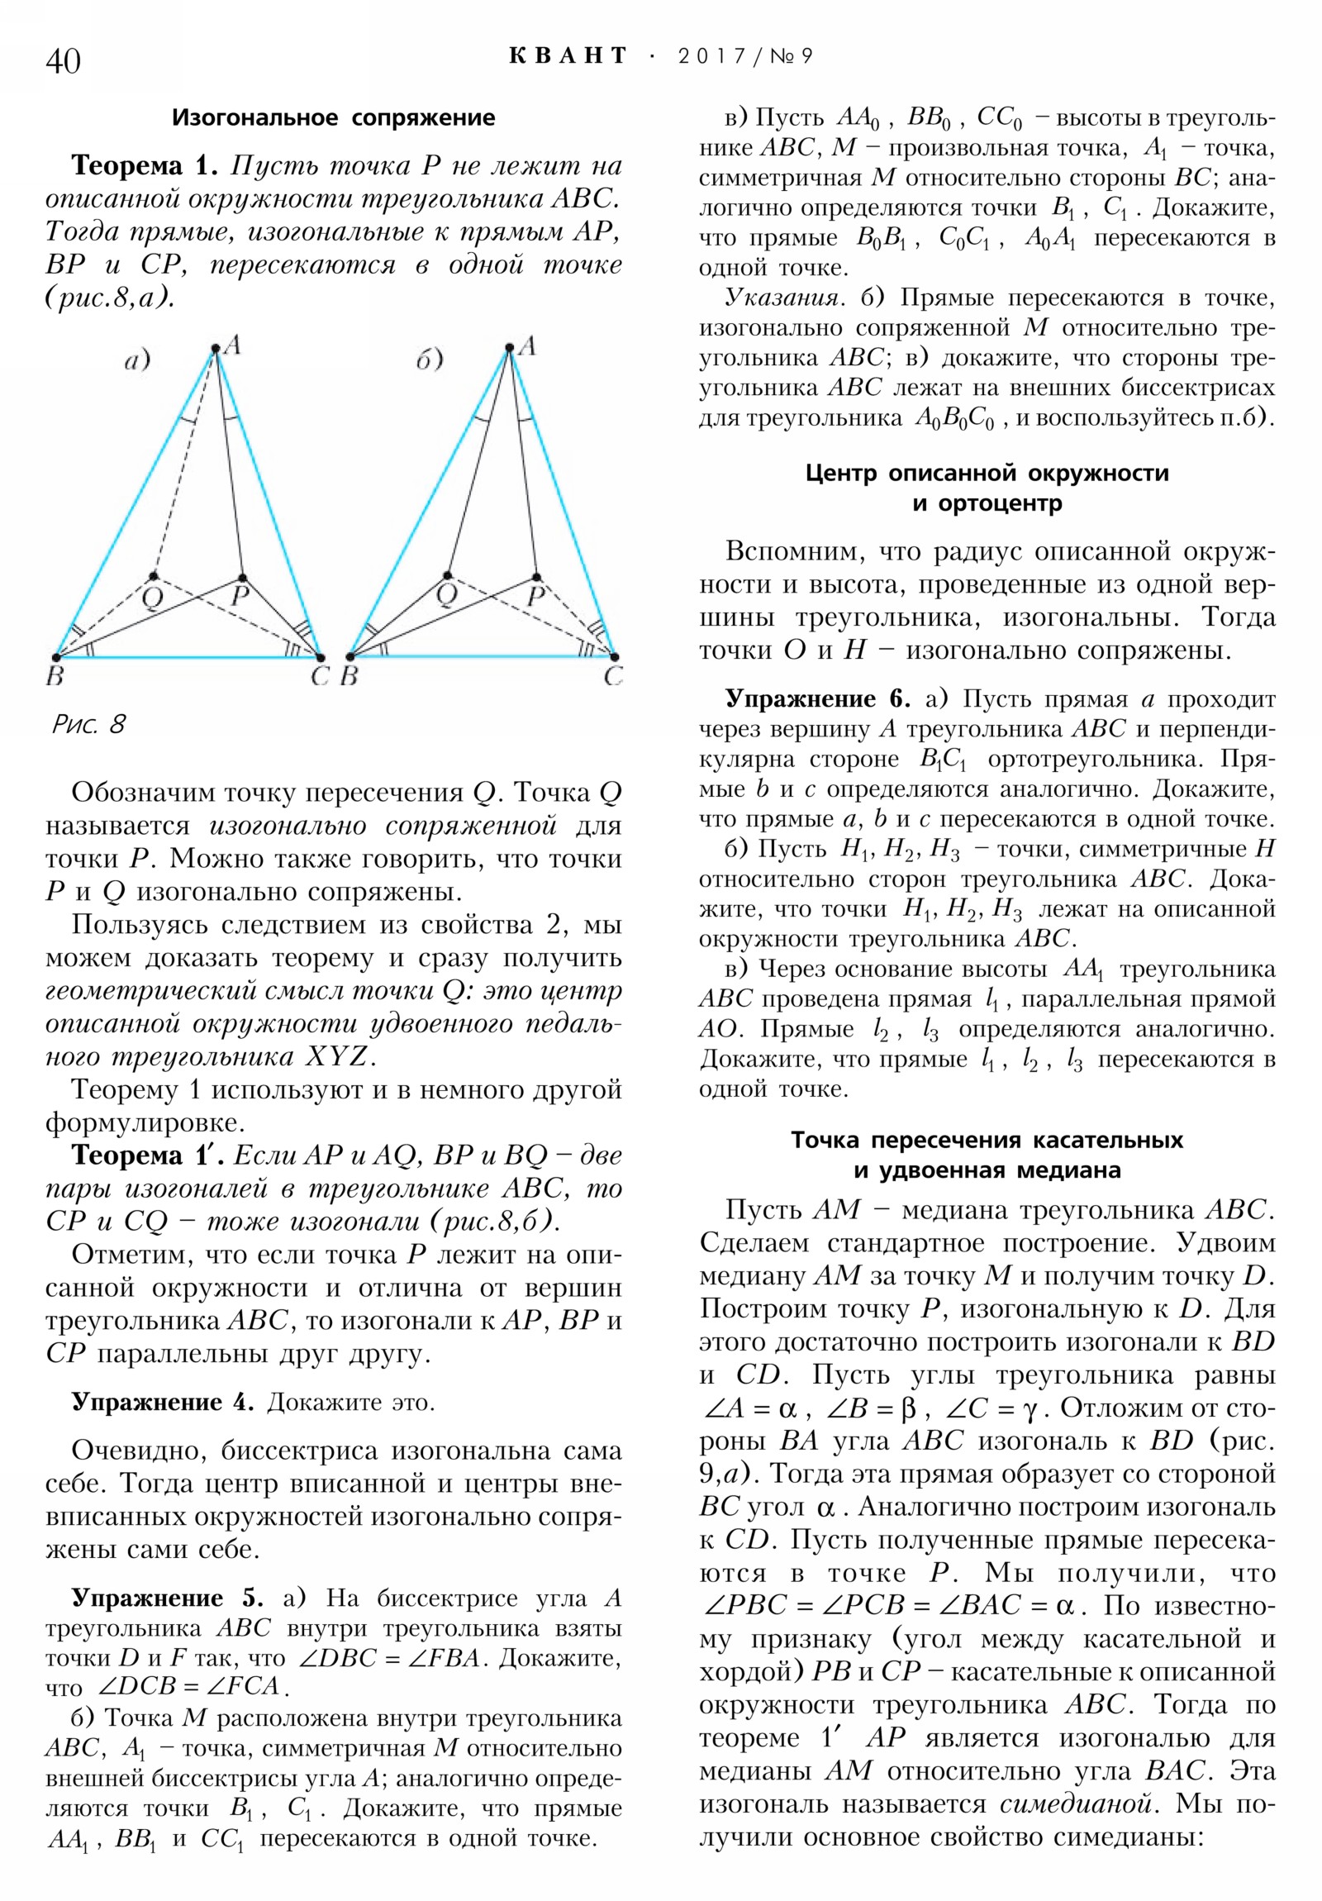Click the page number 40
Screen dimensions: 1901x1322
click(63, 61)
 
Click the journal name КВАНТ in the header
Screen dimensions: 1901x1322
click(568, 55)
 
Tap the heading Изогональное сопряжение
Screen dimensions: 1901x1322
click(333, 117)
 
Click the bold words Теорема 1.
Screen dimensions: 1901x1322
click(144, 165)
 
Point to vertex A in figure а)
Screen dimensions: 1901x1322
click(215, 349)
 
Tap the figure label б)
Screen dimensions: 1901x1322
click(430, 361)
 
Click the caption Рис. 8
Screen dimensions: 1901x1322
click(88, 725)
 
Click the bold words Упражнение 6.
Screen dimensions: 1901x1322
click(817, 698)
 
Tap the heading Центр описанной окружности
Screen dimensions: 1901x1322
click(987, 473)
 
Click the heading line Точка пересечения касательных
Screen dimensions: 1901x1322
click(987, 1140)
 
